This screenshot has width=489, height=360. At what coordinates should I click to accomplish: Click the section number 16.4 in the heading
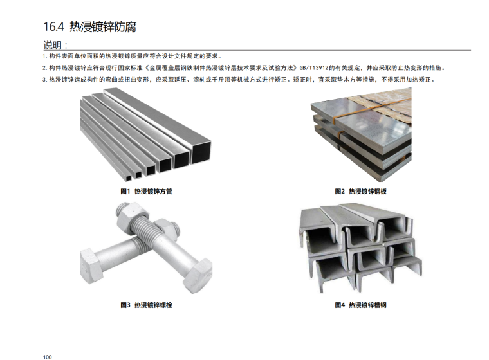(53, 27)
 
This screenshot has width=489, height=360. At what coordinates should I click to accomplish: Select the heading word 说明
(52, 45)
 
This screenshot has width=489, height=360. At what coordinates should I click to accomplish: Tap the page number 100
(48, 357)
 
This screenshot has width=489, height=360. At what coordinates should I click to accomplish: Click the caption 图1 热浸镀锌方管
(146, 191)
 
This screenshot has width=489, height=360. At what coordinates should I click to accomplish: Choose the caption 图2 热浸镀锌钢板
(360, 191)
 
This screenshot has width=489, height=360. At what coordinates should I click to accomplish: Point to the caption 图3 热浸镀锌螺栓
(146, 305)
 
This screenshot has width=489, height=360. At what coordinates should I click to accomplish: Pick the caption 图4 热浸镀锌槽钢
(360, 305)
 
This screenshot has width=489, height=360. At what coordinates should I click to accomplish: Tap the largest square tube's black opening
(201, 152)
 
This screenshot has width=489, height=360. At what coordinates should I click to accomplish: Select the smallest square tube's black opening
(129, 178)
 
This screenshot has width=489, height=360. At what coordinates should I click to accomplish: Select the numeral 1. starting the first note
(45, 57)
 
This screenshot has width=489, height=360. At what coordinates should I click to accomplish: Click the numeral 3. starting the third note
(45, 80)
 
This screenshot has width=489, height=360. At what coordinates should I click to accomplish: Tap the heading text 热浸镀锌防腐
(102, 27)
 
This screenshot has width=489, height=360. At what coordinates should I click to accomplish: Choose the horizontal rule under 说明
(257, 50)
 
